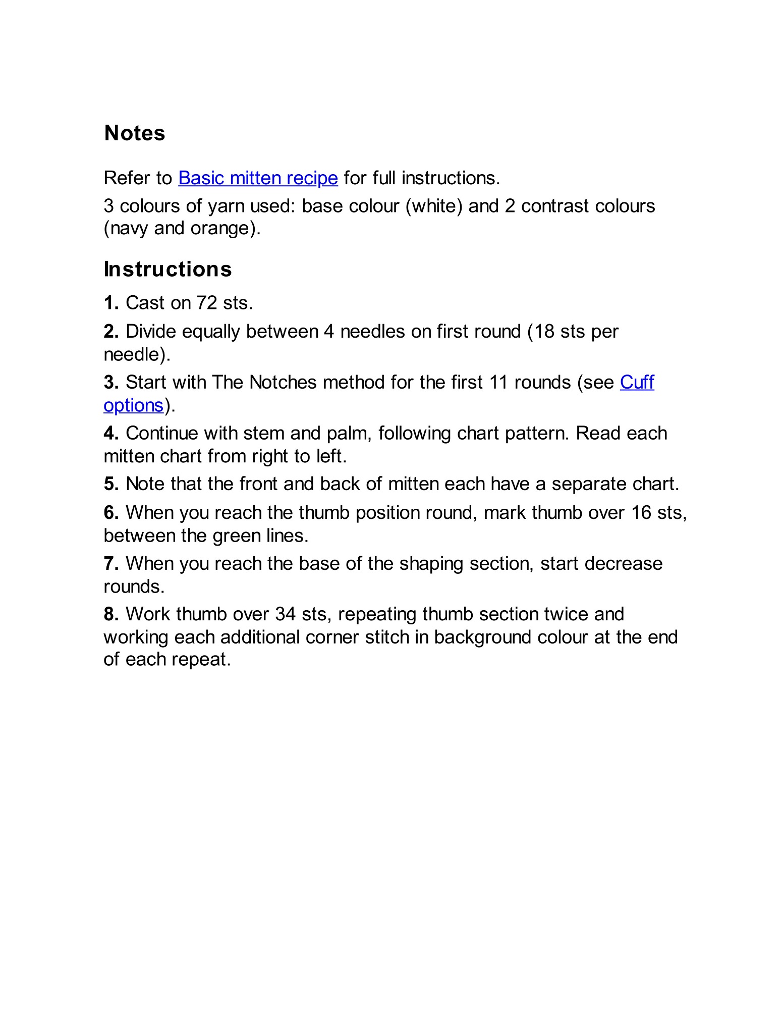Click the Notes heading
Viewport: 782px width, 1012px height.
coord(135,133)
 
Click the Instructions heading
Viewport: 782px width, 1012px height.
coord(167,269)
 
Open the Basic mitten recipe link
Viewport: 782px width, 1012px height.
coord(258,178)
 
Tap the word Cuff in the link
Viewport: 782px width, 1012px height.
coord(637,382)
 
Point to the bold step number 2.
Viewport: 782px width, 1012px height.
coord(111,332)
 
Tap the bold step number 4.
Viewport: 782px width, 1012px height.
coord(111,434)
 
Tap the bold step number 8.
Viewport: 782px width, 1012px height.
coord(111,614)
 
